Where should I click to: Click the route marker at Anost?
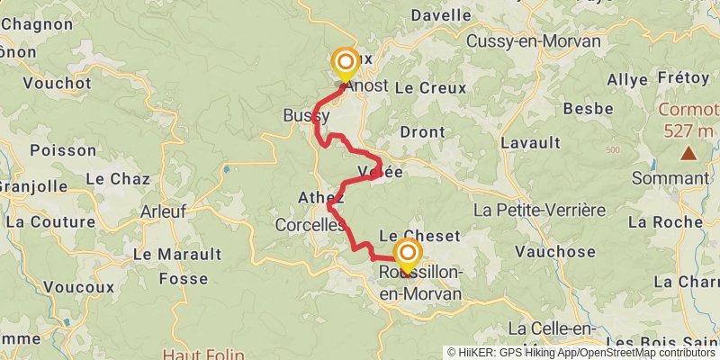[345, 64]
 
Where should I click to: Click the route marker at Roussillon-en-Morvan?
[407, 254]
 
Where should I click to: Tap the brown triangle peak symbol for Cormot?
[688, 154]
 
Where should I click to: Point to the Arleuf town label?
[165, 212]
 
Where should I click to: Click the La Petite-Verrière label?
[539, 210]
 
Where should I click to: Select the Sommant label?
[671, 178]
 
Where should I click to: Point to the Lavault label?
[530, 142]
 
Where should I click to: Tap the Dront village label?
[422, 132]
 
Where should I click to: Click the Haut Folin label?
[202, 354]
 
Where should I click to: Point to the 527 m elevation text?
[688, 130]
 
